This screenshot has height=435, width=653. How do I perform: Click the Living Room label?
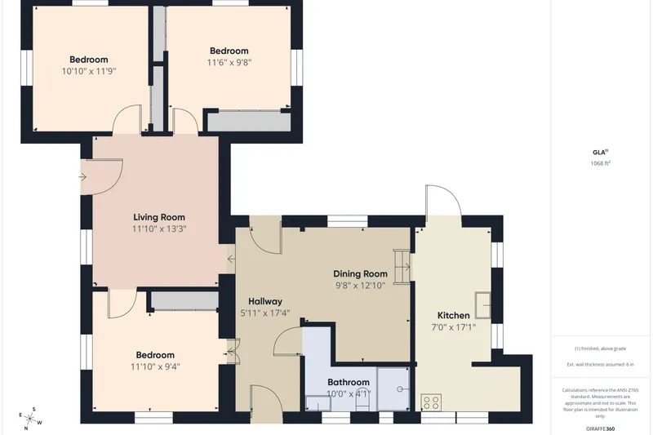[x=159, y=217]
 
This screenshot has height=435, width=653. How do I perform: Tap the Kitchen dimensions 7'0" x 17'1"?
[x=454, y=327]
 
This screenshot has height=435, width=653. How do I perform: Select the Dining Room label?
[x=360, y=273]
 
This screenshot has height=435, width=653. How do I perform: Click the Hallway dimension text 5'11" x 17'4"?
[x=265, y=313]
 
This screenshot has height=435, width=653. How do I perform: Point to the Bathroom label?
[x=349, y=382]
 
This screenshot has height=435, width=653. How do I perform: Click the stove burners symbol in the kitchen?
[x=431, y=402]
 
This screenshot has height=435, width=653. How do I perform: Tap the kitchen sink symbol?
[x=482, y=305]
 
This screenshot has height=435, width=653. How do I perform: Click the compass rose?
[x=30, y=419]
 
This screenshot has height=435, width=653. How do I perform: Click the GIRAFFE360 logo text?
[x=601, y=428]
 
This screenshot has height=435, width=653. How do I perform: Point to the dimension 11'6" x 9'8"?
[x=229, y=63]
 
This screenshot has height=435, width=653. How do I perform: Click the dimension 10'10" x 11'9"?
[x=89, y=71]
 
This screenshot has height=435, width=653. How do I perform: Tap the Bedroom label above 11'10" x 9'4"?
[x=155, y=355]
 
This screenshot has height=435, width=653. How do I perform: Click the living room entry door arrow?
[x=82, y=177]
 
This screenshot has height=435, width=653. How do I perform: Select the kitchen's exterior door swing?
[x=443, y=200]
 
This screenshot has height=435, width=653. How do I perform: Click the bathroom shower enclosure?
[x=393, y=388]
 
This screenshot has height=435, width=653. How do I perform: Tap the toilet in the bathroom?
[x=362, y=403]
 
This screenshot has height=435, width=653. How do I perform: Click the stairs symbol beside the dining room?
[x=402, y=266]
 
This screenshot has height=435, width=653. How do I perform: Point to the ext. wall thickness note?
[x=601, y=365]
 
